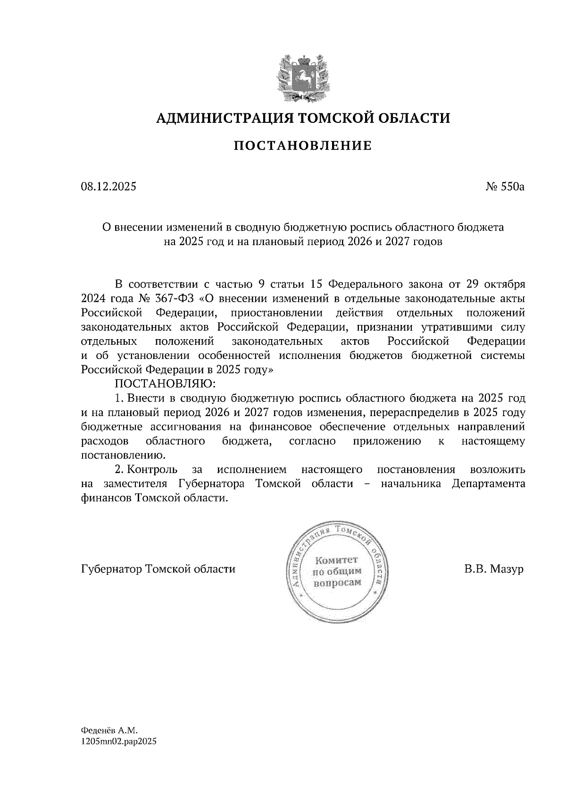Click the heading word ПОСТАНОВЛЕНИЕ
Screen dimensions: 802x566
click(303, 146)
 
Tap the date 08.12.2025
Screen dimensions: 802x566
click(108, 187)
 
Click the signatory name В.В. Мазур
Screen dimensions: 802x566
click(493, 569)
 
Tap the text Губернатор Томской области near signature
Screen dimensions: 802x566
click(158, 569)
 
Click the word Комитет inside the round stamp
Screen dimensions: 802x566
click(337, 561)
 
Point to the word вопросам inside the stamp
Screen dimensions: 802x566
click(337, 582)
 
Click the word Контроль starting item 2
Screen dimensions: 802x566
click(153, 469)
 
